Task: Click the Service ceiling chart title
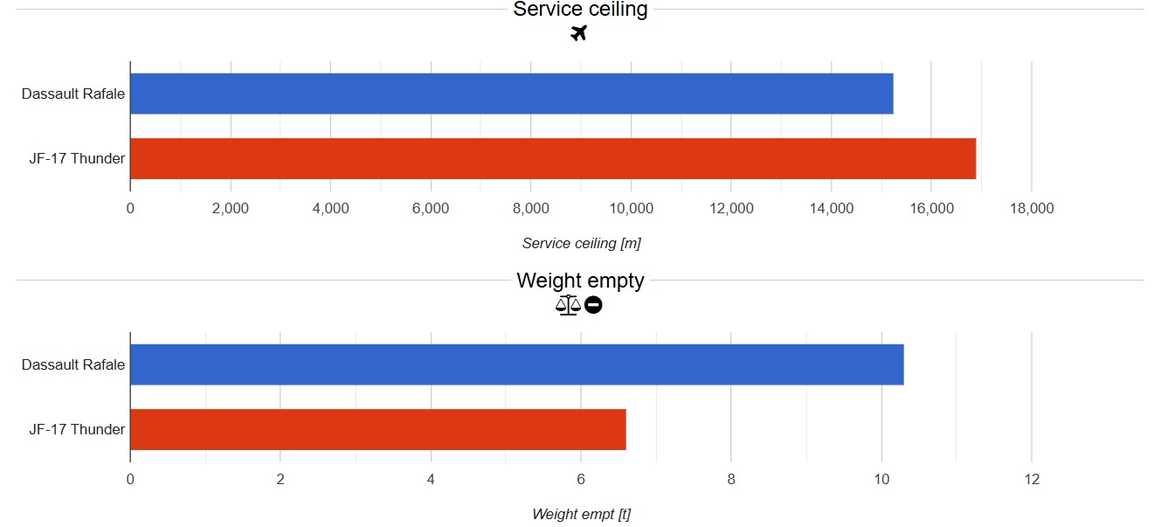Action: pos(580,10)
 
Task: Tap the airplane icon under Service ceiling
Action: pos(578,33)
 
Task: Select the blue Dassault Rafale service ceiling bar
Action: pos(511,94)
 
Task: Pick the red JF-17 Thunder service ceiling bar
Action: pos(552,158)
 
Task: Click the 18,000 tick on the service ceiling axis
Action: pos(1031,208)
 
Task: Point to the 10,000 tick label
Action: pos(631,208)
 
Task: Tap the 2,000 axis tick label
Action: pos(231,208)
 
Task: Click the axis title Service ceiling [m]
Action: pos(581,243)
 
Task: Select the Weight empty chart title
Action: pos(580,281)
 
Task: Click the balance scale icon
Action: pos(568,305)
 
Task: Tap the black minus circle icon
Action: pos(593,305)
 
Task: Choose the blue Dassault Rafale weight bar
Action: pos(516,364)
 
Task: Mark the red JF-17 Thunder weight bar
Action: pos(377,429)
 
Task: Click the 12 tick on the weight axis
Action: pos(1031,479)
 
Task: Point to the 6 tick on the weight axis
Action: pos(581,479)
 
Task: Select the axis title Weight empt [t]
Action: pos(581,514)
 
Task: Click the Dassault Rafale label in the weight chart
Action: pos(73,364)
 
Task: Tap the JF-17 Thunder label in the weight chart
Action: pos(77,429)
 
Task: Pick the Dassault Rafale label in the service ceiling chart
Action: pos(73,94)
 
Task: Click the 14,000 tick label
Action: pos(831,208)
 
